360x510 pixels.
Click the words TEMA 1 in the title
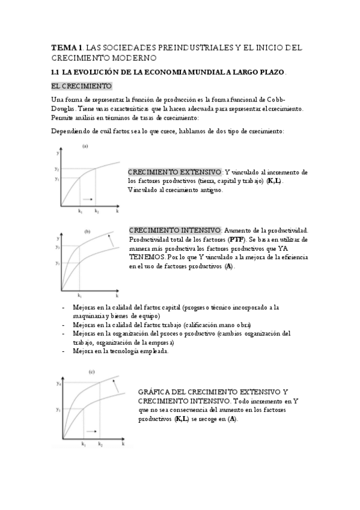66,48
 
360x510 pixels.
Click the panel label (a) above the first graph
85,146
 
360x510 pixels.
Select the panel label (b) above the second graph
87,231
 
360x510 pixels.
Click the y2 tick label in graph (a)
56,169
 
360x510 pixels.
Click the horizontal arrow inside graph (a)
87,198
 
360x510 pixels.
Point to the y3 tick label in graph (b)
57,247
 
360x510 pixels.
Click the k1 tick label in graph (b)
79,295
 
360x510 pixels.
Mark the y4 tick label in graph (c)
58,383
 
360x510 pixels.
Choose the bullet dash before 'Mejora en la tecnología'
64,351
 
